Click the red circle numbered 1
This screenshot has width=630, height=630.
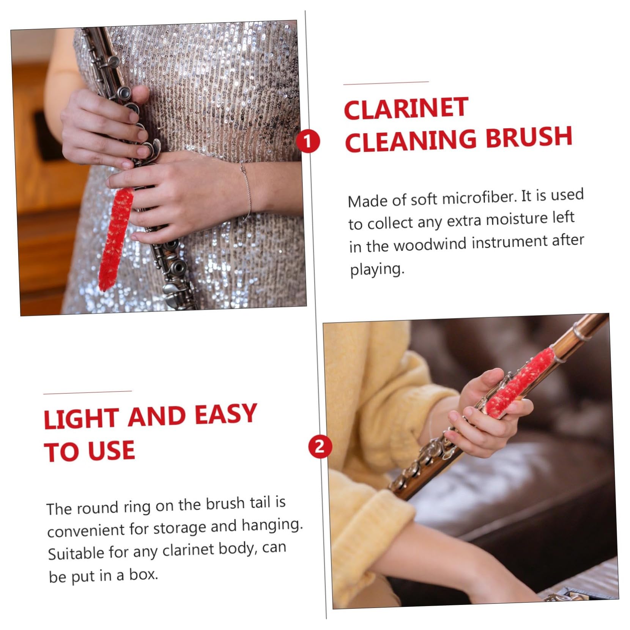pos(308,141)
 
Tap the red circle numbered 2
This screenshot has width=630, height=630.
pos(320,446)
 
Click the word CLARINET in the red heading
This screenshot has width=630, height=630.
pos(406,108)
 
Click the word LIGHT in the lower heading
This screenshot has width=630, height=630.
pos(80,418)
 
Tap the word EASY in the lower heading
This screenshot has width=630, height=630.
pos(226,414)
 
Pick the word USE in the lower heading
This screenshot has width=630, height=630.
pos(111,451)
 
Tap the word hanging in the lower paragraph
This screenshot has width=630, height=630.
pos(272,526)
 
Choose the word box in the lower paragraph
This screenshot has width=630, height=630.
pos(143,575)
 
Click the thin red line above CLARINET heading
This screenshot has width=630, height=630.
pos(386,82)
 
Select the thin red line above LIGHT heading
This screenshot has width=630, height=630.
pos(88,392)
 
